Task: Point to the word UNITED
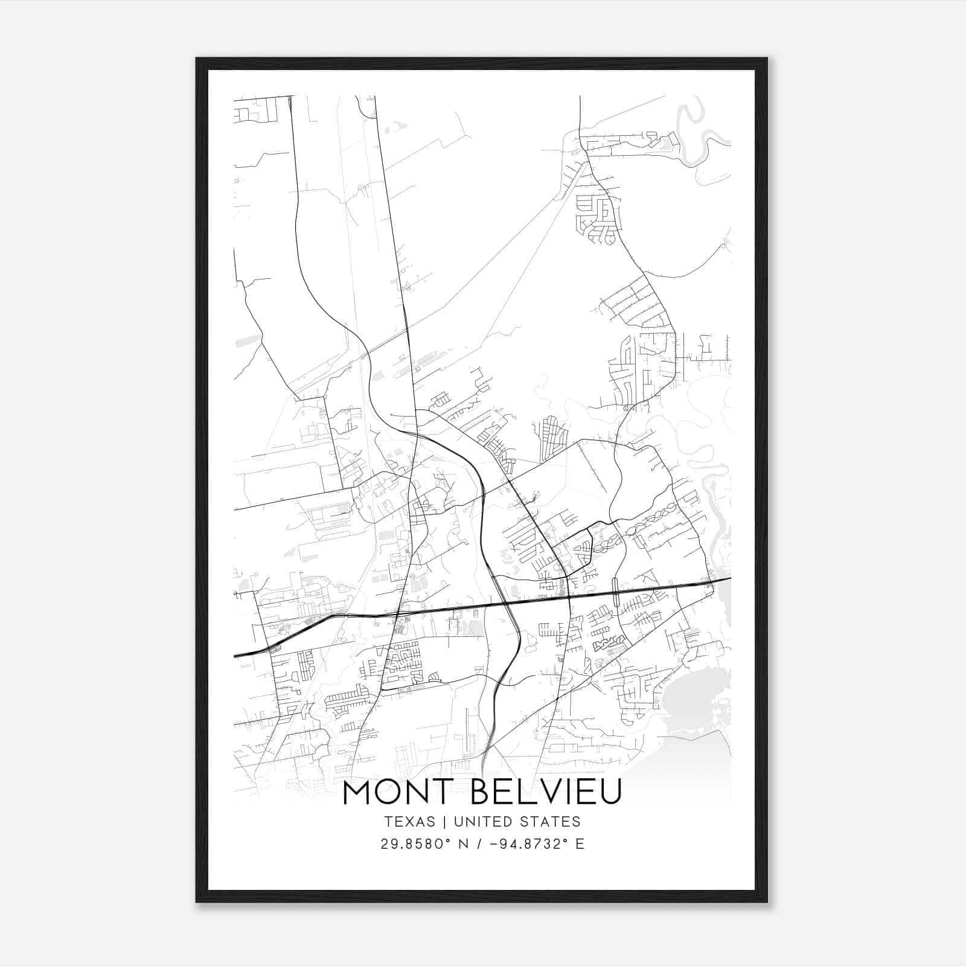point(481,822)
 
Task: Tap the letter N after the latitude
point(463,844)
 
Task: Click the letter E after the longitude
point(580,844)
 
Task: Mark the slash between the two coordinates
point(480,844)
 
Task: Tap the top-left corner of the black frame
point(197,59)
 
